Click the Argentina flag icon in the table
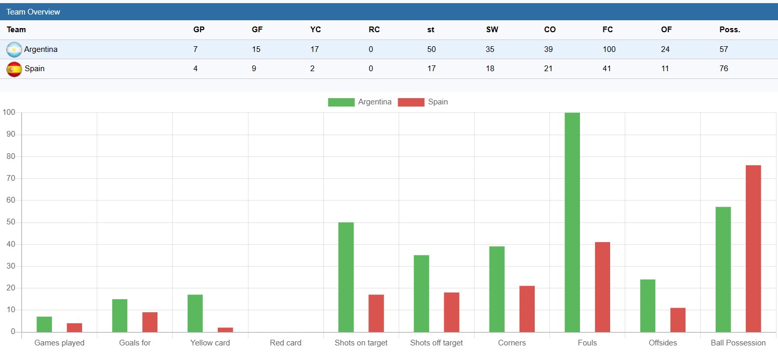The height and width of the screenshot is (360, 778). (x=14, y=50)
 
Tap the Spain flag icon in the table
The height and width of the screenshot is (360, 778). (x=14, y=69)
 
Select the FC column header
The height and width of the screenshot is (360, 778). (x=608, y=30)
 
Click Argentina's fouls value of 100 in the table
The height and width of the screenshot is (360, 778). (x=609, y=49)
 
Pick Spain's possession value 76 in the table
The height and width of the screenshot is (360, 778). (x=724, y=69)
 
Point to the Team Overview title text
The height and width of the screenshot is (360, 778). (x=33, y=12)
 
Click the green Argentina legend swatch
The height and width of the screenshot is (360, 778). (x=341, y=102)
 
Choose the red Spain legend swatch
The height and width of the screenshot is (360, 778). (x=411, y=102)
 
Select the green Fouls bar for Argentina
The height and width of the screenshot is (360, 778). (x=572, y=222)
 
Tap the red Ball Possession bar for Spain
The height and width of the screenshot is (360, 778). (x=753, y=248)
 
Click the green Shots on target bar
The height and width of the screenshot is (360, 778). (x=346, y=277)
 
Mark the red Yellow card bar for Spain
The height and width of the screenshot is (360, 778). (x=226, y=330)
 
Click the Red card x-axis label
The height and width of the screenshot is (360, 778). (x=285, y=343)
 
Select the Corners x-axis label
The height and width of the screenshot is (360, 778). (x=512, y=343)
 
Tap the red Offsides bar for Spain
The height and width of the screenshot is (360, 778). (x=678, y=320)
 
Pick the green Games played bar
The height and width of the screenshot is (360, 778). (x=44, y=324)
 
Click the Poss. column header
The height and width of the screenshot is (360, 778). (x=730, y=30)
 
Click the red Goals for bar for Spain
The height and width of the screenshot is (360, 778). (x=150, y=322)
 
